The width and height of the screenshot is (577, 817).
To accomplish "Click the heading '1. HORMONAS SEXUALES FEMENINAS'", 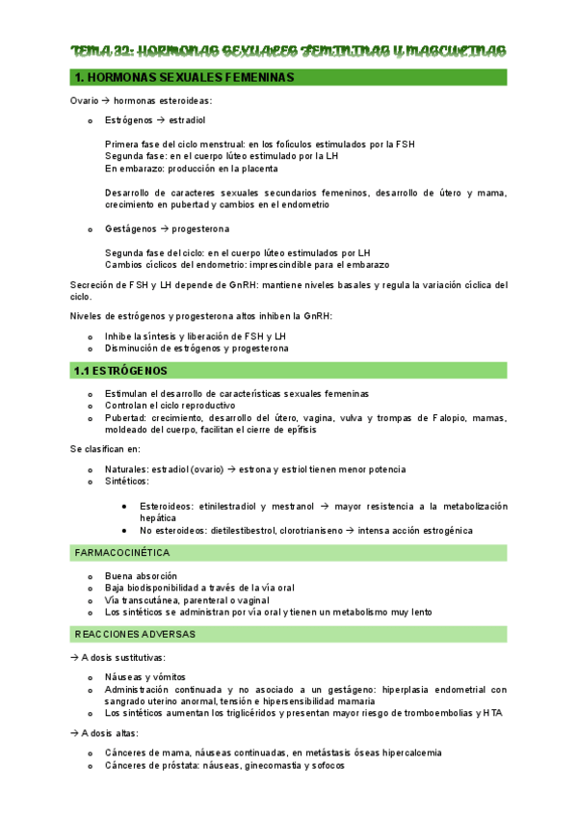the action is pos(184,77).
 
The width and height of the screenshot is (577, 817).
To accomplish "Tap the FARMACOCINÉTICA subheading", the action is pos(121,553).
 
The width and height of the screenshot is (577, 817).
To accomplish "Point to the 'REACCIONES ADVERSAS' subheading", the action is pos(135,634).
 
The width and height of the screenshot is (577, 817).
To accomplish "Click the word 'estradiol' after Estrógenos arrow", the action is pos(187,120).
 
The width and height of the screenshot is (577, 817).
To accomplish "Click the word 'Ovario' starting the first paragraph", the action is pos(86,100).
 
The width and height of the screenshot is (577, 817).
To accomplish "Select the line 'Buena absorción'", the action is pos(141,576).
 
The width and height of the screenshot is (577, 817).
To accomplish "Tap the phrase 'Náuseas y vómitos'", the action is pos(144,677).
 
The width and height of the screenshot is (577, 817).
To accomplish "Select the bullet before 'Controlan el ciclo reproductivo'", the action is pos(90,406).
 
